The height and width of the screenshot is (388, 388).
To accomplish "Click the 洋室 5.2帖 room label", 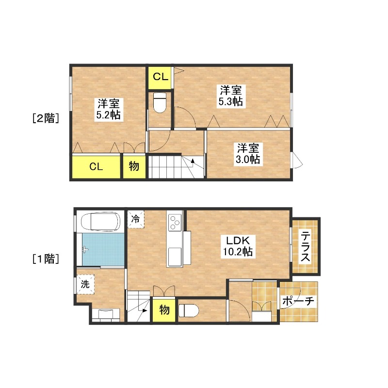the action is [108, 109].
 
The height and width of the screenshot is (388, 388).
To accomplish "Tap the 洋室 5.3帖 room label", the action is [231, 96].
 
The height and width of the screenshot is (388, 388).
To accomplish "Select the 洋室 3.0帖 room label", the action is [248, 154].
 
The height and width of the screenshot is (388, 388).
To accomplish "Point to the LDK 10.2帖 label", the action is [238, 246].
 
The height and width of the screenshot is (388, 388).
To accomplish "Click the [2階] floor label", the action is [46, 118].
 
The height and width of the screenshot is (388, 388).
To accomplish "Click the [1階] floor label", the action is [46, 259].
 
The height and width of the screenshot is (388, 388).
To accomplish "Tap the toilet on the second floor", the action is [160, 103].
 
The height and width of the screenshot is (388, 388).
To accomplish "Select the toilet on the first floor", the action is [189, 310].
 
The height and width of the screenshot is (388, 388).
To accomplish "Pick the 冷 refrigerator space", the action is [136, 219].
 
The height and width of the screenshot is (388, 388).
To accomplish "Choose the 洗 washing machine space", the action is [85, 284].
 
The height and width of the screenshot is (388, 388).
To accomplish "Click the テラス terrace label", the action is [305, 246].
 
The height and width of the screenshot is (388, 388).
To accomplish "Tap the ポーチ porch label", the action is [298, 301].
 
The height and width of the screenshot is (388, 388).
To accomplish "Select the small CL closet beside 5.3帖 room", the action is [160, 78].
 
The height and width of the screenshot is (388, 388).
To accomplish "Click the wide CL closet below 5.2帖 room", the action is [96, 166].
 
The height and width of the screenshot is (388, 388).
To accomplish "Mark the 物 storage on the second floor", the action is [134, 166].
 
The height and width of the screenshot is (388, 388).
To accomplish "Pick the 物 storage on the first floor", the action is [164, 310].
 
